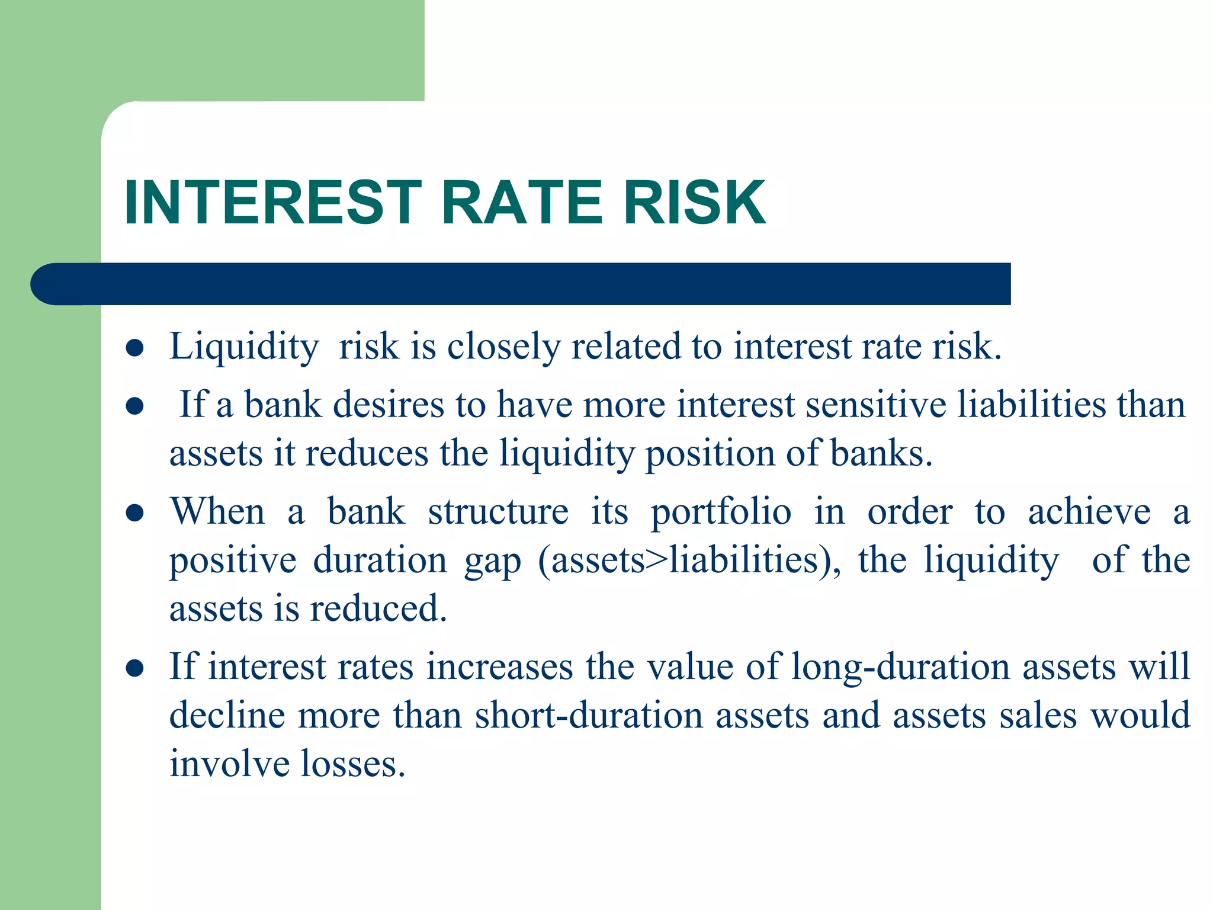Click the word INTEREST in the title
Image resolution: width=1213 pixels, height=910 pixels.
click(272, 203)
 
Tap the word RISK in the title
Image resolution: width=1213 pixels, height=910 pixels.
click(695, 203)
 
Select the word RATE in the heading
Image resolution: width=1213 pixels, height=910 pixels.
click(522, 203)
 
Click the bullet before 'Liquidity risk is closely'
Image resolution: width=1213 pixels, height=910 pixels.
click(135, 348)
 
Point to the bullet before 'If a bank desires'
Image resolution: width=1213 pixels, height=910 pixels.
click(135, 406)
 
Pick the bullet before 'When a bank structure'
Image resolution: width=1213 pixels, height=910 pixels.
click(135, 513)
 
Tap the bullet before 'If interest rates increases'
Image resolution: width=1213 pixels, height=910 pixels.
click(135, 668)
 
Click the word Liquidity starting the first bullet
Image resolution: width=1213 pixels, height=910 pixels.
click(244, 347)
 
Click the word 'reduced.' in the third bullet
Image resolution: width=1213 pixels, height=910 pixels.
click(378, 609)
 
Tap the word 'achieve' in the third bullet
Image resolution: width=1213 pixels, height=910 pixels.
click(1089, 512)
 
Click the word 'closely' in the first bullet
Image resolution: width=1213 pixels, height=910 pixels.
click(503, 347)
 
